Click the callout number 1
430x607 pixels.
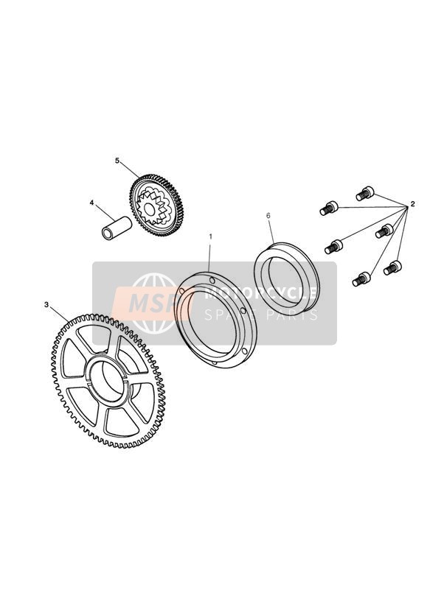click(x=210, y=236)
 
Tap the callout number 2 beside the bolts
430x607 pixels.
click(x=412, y=204)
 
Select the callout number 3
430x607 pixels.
click(x=46, y=305)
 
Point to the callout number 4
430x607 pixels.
click(x=91, y=203)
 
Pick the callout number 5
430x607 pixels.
click(x=117, y=161)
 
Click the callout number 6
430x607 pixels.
click(x=268, y=216)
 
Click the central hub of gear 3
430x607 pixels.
click(x=109, y=382)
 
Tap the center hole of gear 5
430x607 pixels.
click(x=149, y=209)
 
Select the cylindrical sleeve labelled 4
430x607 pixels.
click(x=116, y=228)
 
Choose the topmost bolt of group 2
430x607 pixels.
click(x=365, y=193)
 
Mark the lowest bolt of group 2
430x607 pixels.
click(x=361, y=279)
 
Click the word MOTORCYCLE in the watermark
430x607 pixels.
click(x=260, y=292)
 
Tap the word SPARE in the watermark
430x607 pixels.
click(x=230, y=315)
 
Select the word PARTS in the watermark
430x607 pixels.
click(x=291, y=315)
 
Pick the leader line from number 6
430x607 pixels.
click(x=271, y=231)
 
